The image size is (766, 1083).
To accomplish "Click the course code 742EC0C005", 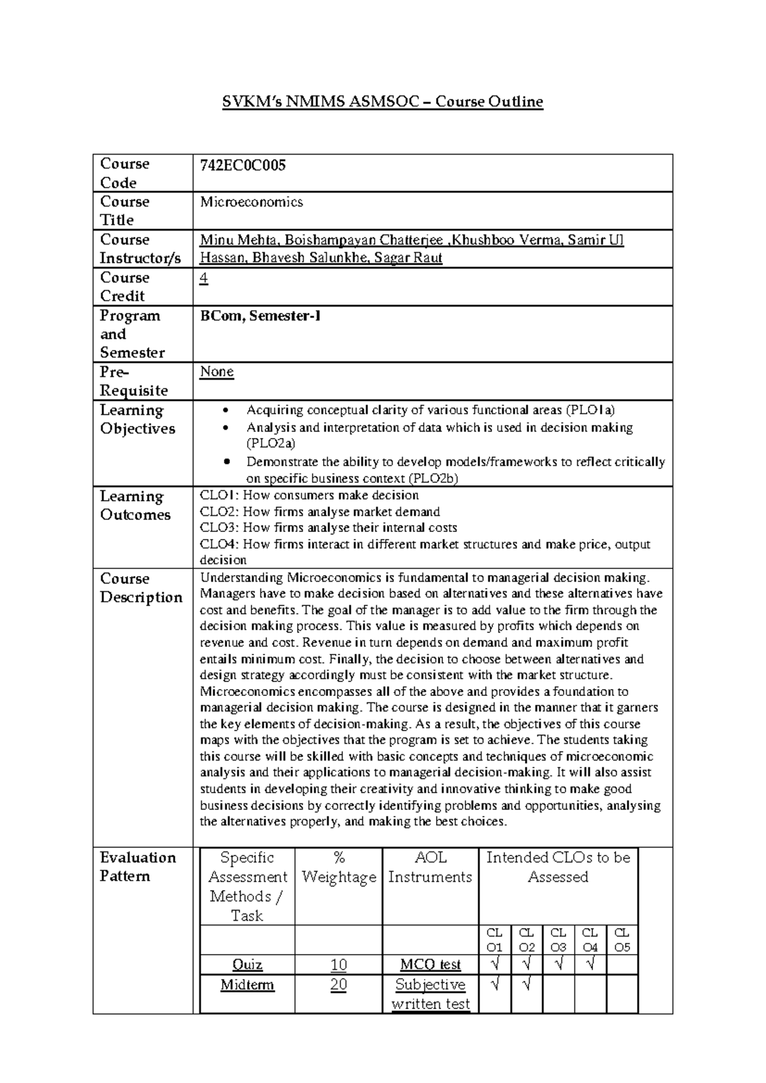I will pos(243,166).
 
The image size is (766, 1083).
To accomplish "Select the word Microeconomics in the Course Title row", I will pos(252,202).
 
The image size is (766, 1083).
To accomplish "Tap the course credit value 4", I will pos(204,278).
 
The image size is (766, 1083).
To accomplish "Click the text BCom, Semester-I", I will pos(260,316).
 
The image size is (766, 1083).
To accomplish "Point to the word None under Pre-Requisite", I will pos(216,372).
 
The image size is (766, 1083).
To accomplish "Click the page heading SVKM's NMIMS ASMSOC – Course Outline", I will pos(382,102).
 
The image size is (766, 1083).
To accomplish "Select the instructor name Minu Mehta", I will pos(238,241).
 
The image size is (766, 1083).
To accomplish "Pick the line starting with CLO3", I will pos(328,528).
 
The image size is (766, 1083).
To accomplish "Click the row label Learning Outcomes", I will pos(135,506).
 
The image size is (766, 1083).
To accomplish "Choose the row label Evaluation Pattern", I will pos(137,867).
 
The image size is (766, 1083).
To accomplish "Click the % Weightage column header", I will pos(338,868).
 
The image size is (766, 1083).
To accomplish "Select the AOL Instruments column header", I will pos(430,868).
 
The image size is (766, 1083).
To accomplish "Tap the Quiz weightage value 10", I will pos(338,965).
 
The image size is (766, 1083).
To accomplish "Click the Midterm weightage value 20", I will pos(338,985).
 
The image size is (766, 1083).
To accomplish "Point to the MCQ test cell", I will pos(430,965).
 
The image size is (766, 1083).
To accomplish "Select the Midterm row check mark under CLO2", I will pos(527,985).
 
